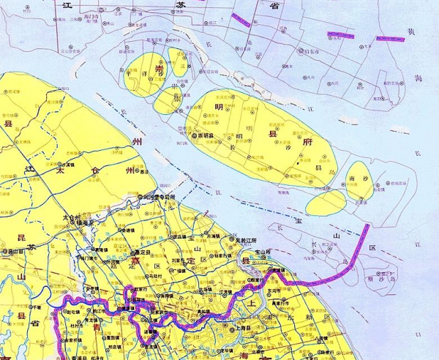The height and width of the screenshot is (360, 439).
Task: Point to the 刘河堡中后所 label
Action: (x=160, y=198)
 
